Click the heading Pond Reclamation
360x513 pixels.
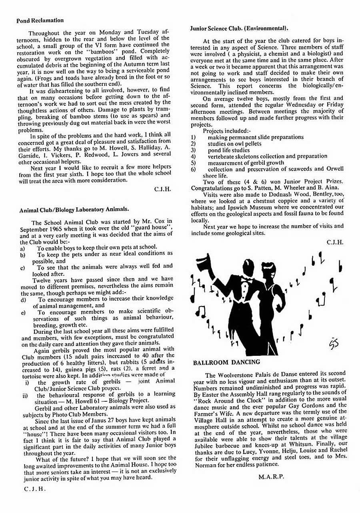tap(40, 20)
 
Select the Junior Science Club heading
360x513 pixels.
tap(239, 28)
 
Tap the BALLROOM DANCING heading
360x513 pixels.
tap(226, 362)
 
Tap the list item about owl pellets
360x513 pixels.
tap(234, 143)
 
